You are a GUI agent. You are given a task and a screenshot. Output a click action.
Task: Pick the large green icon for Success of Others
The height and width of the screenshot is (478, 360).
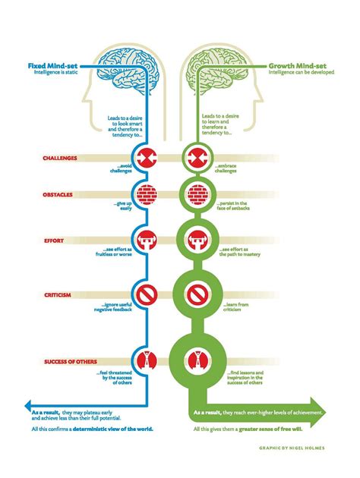pos(197,360)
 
